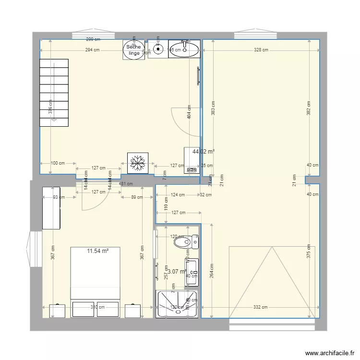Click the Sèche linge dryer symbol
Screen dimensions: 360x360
(133, 49)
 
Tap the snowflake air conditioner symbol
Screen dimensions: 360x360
(138, 162)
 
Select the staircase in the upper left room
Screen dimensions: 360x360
(54, 92)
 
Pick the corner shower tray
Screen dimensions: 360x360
(177, 304)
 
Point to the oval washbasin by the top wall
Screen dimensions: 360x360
(184, 49)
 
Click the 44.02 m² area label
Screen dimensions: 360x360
(203, 152)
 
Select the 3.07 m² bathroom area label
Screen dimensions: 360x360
(176, 272)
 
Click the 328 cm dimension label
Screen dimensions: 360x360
(262, 49)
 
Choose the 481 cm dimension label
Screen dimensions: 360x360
(126, 184)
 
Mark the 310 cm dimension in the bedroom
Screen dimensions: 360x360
(97, 307)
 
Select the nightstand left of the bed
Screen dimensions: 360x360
(57, 311)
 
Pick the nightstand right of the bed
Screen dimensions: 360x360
(132, 311)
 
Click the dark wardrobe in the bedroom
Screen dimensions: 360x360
(51, 208)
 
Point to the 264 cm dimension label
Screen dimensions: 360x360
(211, 271)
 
